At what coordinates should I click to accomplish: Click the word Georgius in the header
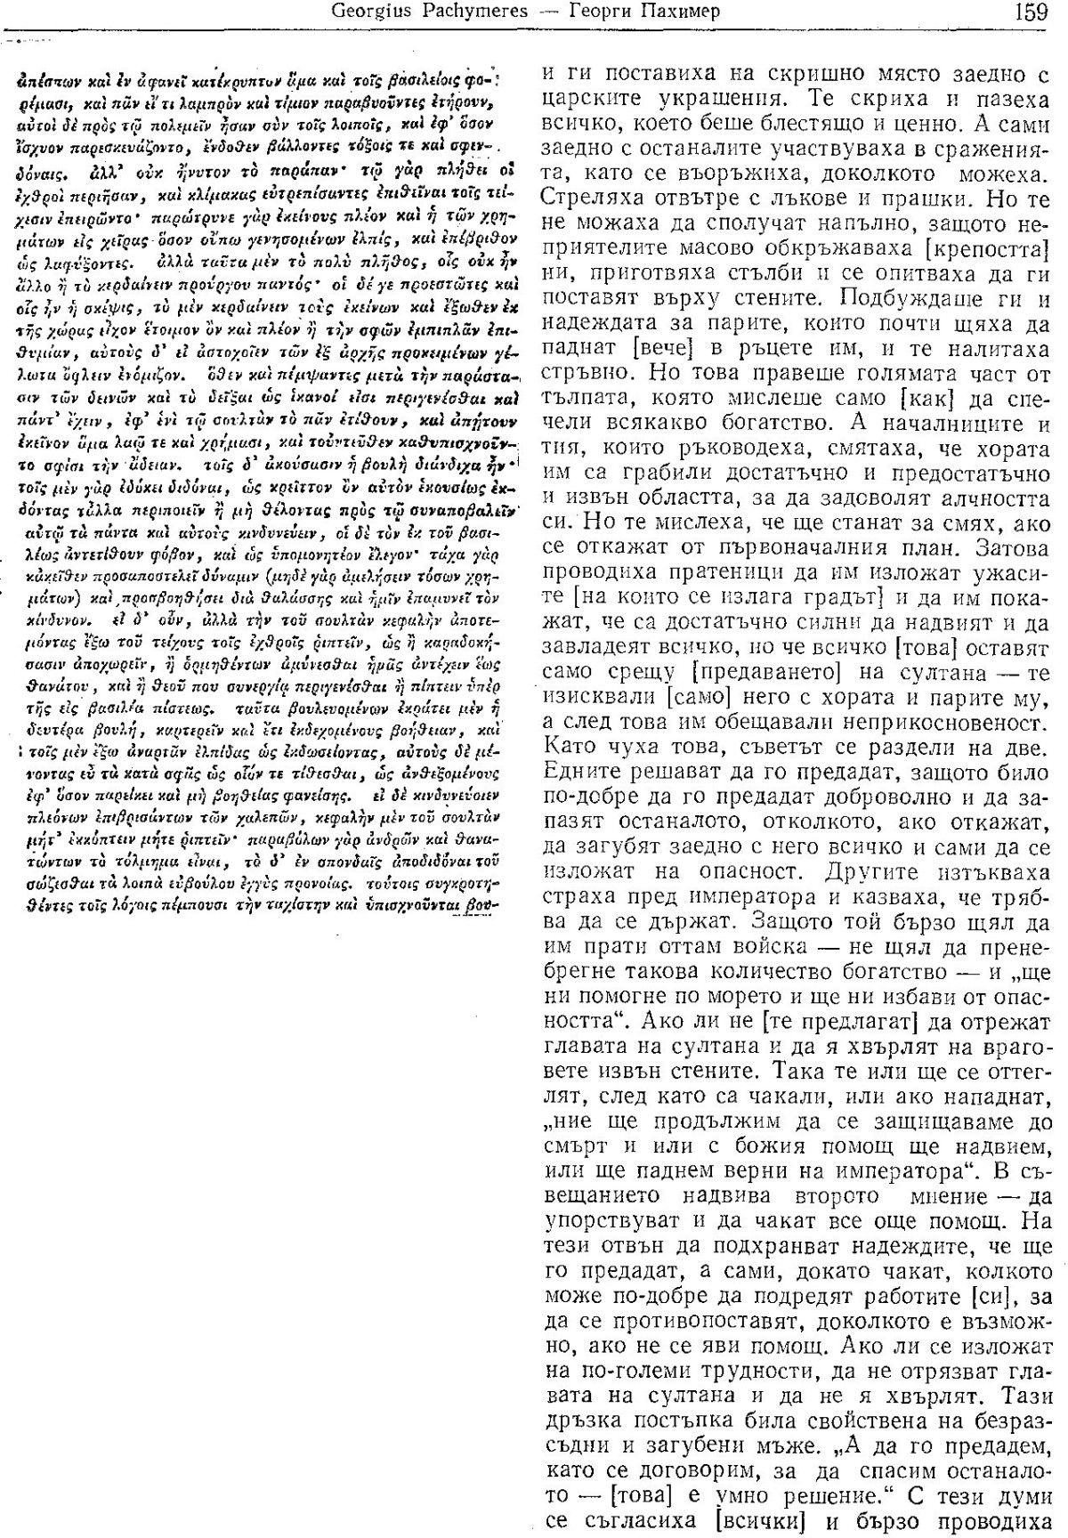[368, 13]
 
